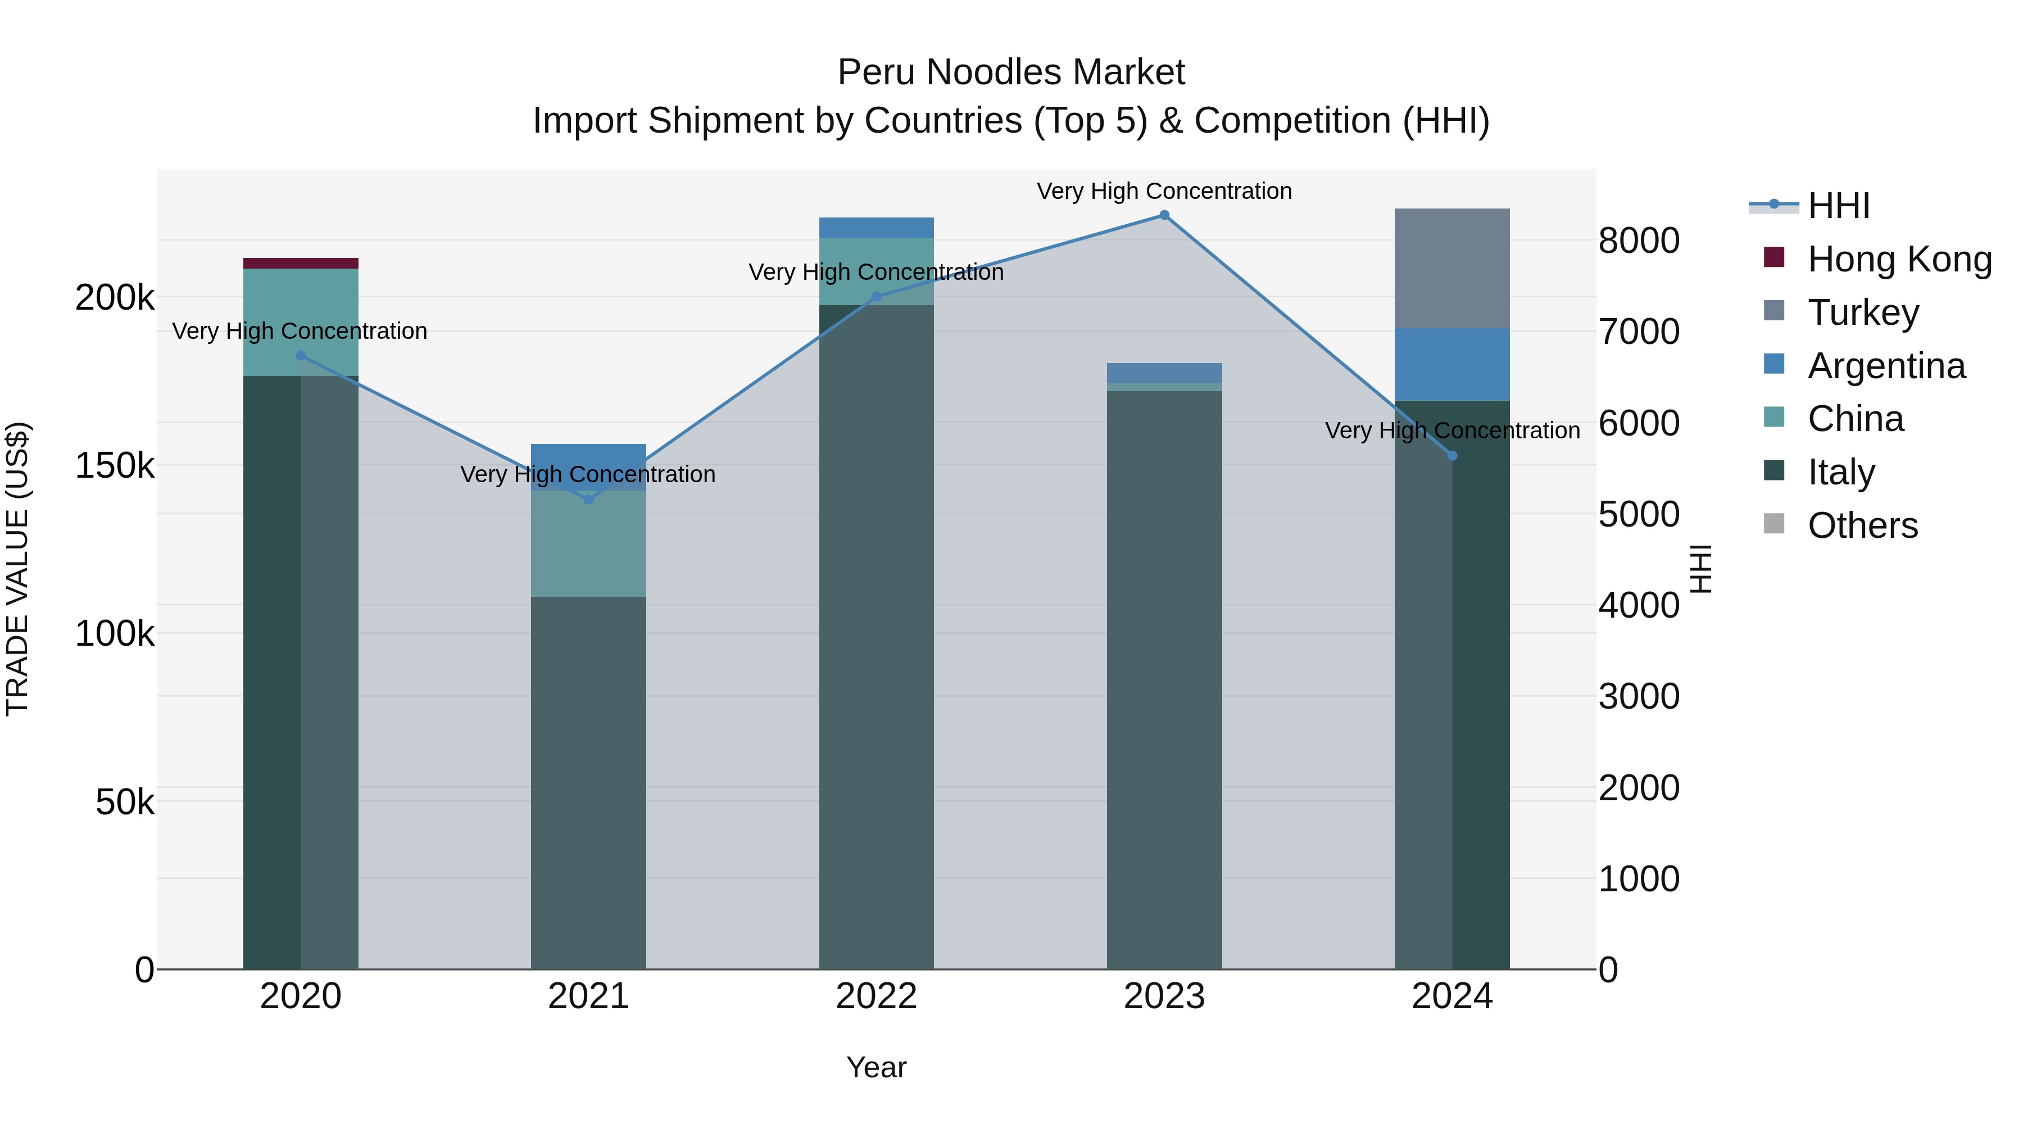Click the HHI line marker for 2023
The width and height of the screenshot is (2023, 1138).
[x=1164, y=215]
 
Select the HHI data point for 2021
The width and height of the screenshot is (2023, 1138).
[x=588, y=500]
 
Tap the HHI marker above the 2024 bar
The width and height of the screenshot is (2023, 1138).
[x=1452, y=456]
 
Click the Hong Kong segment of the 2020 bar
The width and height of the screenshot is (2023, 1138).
[x=301, y=263]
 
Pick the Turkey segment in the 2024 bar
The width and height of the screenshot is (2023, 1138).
[x=1452, y=268]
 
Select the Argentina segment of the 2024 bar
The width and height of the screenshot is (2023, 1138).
[x=1452, y=364]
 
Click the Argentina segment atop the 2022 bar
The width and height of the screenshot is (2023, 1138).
[x=877, y=228]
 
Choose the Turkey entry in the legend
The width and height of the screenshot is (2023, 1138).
[x=1863, y=312]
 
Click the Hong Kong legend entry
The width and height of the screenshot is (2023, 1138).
[x=1899, y=259]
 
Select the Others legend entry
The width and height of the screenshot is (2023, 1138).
[x=1862, y=525]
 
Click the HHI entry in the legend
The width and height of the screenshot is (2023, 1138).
[x=1838, y=206]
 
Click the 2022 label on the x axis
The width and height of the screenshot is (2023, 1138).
[x=877, y=996]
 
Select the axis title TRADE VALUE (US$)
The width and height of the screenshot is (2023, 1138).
[x=17, y=569]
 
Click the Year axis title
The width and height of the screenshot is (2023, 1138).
[x=877, y=1067]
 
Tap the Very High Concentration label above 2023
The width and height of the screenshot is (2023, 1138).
[x=1164, y=191]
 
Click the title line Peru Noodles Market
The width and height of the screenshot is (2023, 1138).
[x=1011, y=72]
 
